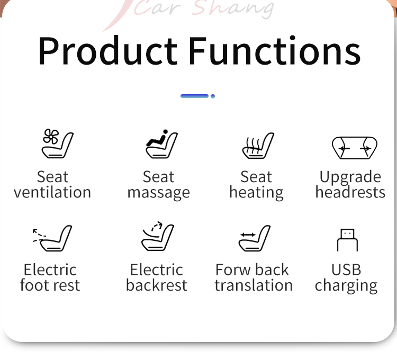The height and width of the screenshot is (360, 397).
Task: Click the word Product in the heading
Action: (x=107, y=51)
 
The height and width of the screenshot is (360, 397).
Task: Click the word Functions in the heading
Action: (x=275, y=50)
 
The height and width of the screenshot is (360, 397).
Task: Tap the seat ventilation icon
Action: (x=58, y=143)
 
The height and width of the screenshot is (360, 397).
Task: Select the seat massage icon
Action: (x=162, y=143)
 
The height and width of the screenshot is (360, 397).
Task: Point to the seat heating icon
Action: (x=258, y=146)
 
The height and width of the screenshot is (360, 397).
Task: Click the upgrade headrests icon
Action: (x=355, y=148)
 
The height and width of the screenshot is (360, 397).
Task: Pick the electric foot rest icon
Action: (x=52, y=238)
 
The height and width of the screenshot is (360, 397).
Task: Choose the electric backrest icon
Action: (x=158, y=236)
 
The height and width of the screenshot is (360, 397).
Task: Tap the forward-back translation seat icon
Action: (x=255, y=238)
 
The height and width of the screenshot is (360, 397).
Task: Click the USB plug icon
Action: (x=347, y=240)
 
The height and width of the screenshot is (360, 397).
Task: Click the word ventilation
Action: (x=52, y=192)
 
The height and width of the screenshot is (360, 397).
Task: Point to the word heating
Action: (x=256, y=193)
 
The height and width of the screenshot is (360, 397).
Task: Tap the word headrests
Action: (x=350, y=192)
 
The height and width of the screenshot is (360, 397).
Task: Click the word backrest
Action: (x=157, y=285)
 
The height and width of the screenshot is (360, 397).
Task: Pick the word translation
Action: (x=254, y=285)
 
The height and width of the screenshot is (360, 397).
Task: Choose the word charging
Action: (x=346, y=286)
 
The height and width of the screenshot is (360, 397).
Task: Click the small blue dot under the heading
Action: (x=213, y=96)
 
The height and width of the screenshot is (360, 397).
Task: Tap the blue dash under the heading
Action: (x=194, y=96)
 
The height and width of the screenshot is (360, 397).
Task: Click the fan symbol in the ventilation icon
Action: (x=51, y=137)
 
